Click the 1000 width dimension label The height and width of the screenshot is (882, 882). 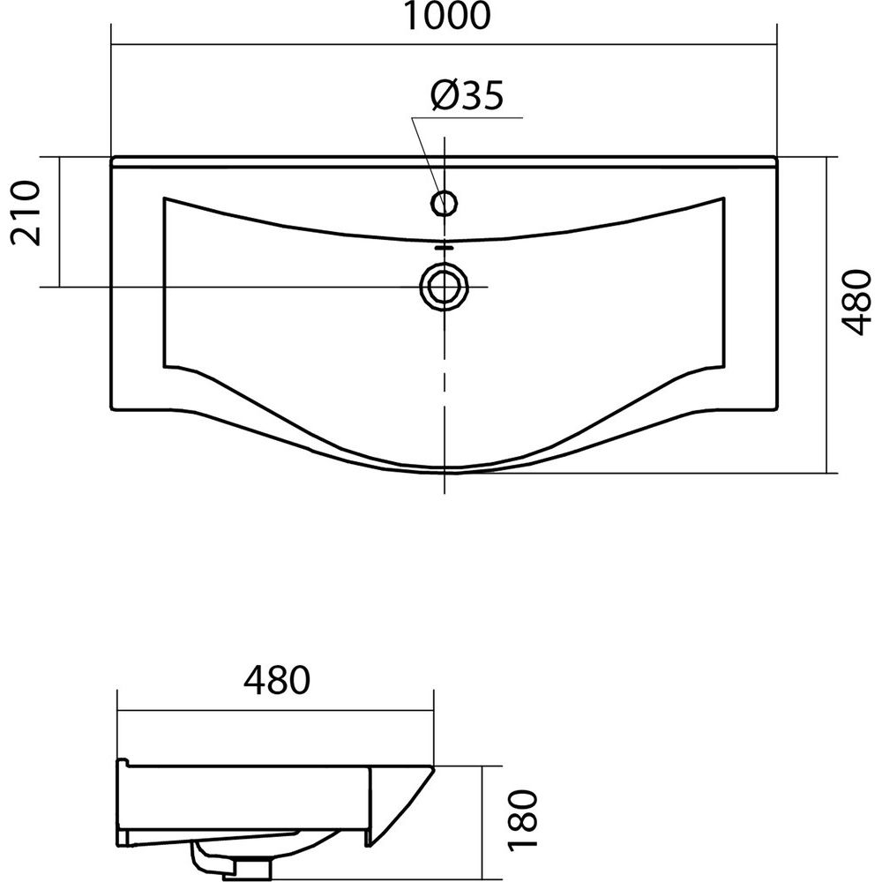(x=447, y=16)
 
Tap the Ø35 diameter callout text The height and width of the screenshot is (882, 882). (x=467, y=95)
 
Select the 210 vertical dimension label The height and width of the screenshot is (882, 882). (x=26, y=213)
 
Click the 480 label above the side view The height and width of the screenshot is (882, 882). (x=277, y=679)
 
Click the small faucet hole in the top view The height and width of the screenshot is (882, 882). (x=445, y=203)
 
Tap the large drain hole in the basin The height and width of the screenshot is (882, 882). (x=445, y=286)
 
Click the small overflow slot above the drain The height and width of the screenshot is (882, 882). (x=445, y=246)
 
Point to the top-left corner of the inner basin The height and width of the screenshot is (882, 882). (x=164, y=198)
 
